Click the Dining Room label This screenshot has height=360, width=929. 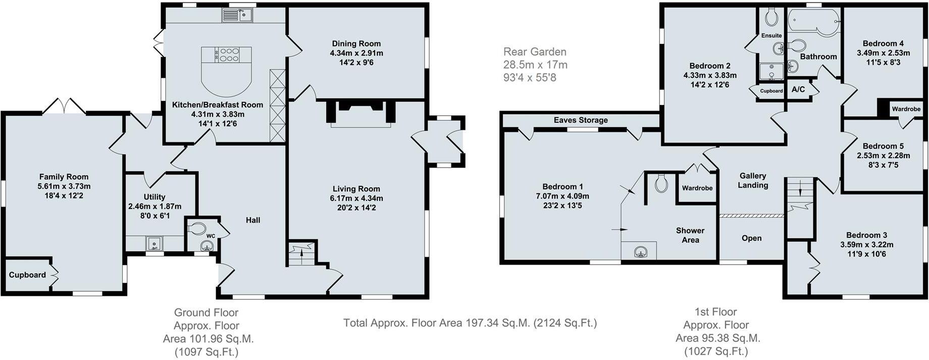click(356, 44)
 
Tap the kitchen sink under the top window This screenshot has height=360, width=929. click(237, 16)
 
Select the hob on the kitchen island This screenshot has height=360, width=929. click(227, 55)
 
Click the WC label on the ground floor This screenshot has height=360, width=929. click(211, 236)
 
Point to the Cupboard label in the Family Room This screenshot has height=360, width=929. click(27, 275)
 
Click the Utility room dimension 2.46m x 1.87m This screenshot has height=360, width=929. click(154, 207)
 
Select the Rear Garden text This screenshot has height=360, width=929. click(535, 52)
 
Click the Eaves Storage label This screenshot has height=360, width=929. click(581, 120)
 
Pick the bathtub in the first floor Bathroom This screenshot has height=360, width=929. click(814, 23)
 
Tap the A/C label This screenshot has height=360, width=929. click(798, 90)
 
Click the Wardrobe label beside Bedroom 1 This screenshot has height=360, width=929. click(697, 188)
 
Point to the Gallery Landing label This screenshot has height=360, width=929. click(753, 180)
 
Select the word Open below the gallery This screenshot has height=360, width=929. click(752, 238)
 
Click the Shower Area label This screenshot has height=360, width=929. click(690, 235)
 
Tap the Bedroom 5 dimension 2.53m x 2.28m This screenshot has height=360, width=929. click(884, 156)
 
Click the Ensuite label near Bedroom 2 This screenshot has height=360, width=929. click(771, 35)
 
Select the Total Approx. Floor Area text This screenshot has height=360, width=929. click(470, 323)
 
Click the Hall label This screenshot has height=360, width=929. click(253, 220)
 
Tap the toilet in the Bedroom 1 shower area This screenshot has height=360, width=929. click(661, 183)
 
